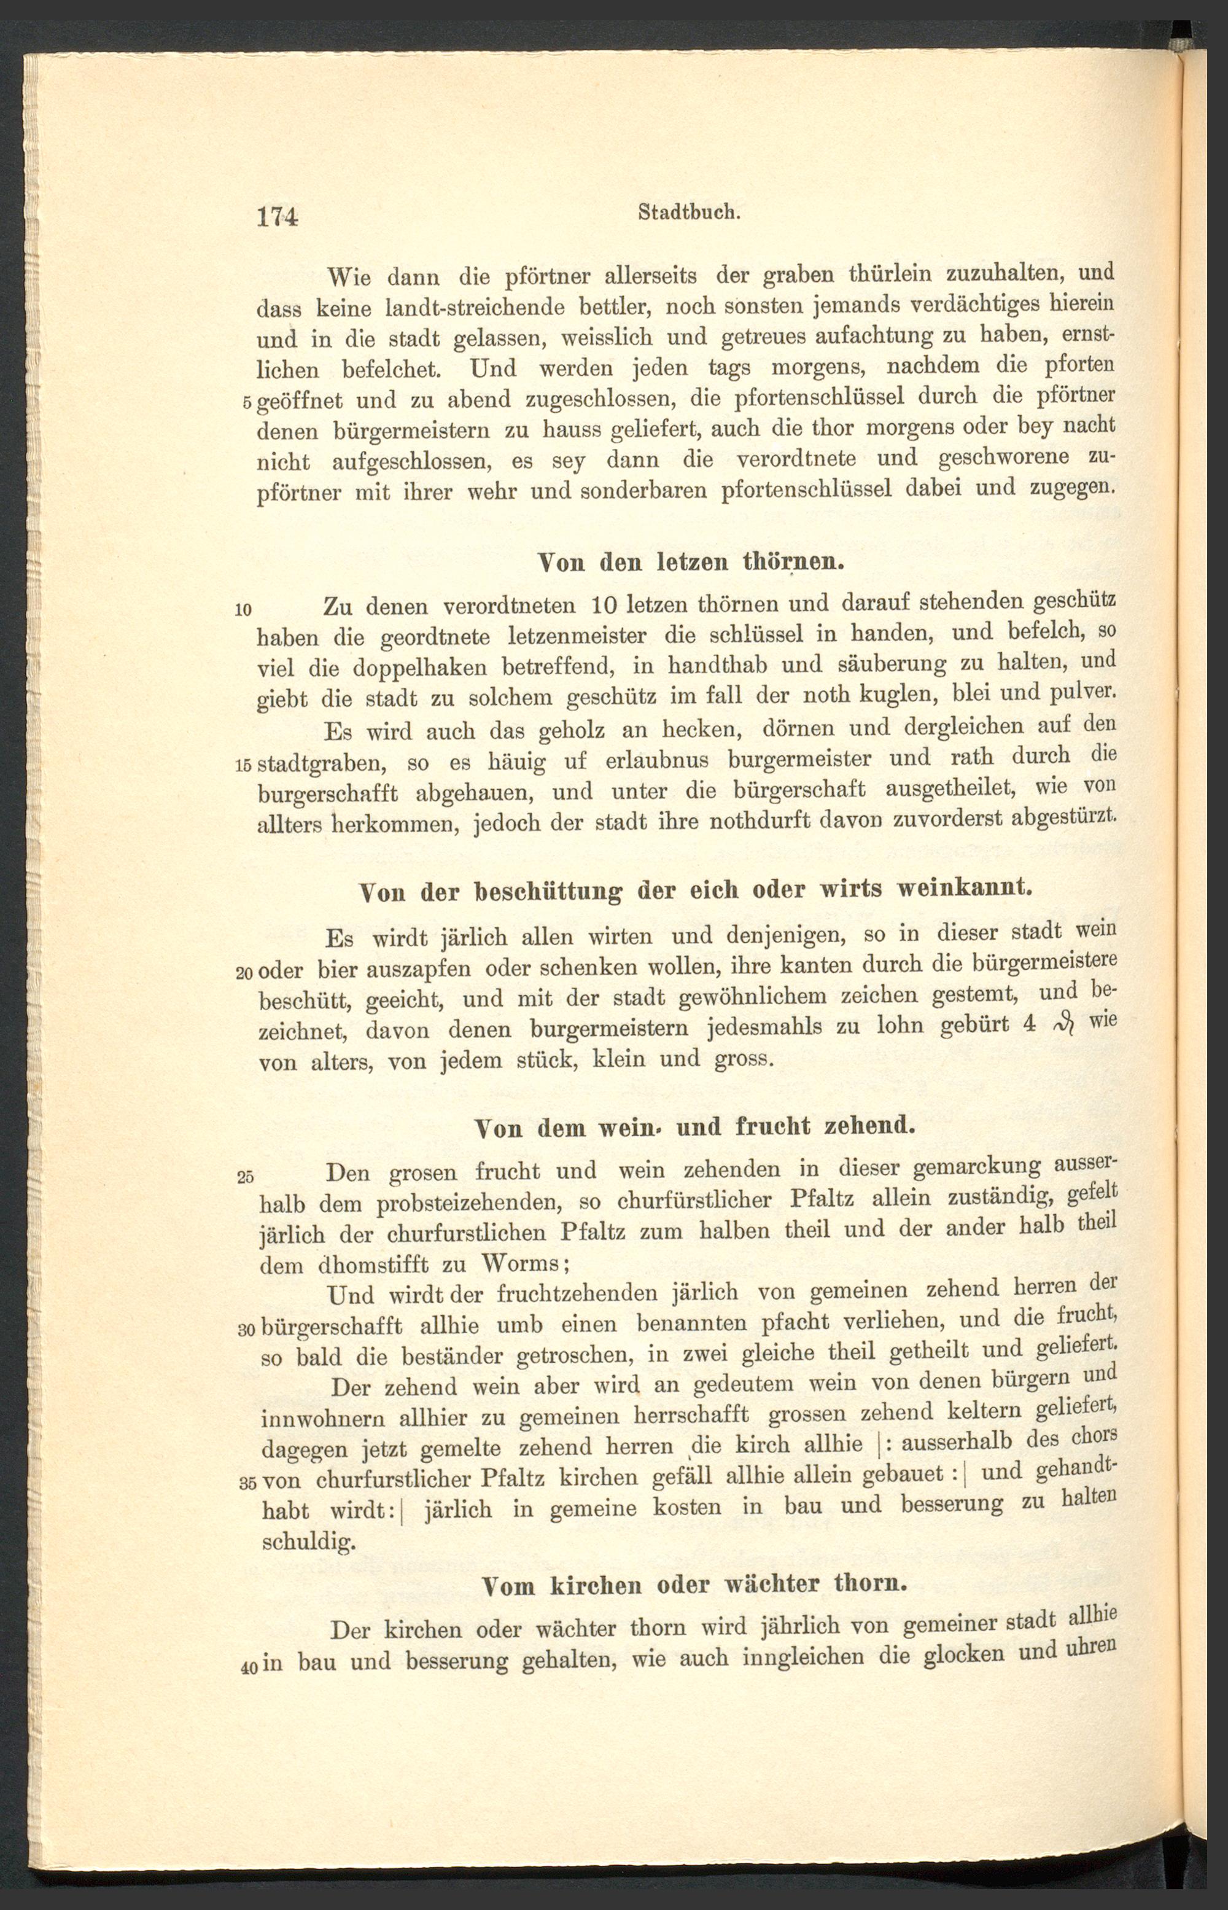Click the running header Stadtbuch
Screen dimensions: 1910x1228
click(691, 213)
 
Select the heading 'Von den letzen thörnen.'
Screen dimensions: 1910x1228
click(691, 561)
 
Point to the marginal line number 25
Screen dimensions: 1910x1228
click(245, 1176)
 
